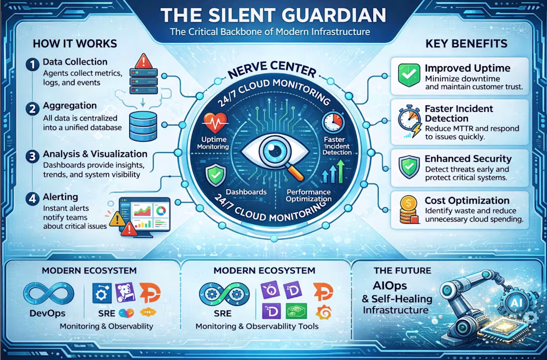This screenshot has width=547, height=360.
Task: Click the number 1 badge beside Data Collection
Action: pyautogui.click(x=32, y=65)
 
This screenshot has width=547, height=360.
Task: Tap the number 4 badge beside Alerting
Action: pyautogui.click(x=32, y=198)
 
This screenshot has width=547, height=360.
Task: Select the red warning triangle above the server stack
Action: pyautogui.click(x=143, y=61)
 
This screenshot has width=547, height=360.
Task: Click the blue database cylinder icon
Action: pyautogui.click(x=143, y=126)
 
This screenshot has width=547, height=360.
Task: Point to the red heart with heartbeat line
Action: pyautogui.click(x=215, y=123)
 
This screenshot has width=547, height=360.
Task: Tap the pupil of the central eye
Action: pyautogui.click(x=274, y=151)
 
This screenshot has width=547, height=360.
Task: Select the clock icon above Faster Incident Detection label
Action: pyautogui.click(x=333, y=123)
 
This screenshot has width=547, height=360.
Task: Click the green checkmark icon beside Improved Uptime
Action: pyautogui.click(x=409, y=75)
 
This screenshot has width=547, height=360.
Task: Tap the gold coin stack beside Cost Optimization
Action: pyautogui.click(x=409, y=210)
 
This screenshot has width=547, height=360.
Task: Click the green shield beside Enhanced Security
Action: pyautogui.click(x=409, y=167)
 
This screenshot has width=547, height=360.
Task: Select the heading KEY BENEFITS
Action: pyautogui.click(x=466, y=44)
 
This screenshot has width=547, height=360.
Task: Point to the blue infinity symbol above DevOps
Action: pyautogui.click(x=49, y=294)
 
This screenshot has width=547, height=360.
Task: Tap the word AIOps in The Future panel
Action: pyautogui.click(x=390, y=286)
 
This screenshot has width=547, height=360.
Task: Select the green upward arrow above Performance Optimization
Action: pyautogui.click(x=341, y=172)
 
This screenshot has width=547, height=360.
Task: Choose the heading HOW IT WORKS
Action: pyautogui.click(x=75, y=44)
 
